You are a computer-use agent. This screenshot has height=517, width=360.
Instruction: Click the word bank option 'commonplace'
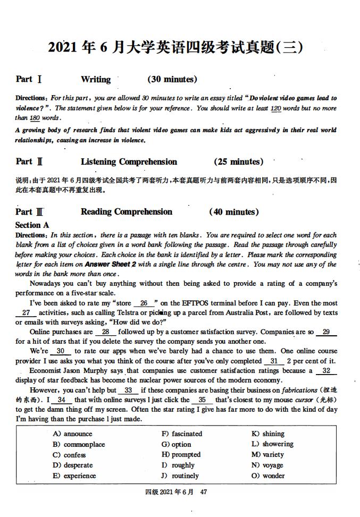84,444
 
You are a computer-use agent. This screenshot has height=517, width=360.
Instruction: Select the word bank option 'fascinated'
187,434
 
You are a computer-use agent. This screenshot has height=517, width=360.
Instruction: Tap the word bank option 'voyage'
273,465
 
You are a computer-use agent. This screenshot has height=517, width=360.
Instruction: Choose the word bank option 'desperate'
78,465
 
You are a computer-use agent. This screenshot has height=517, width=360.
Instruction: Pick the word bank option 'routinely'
185,476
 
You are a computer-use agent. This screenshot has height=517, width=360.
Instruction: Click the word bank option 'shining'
273,434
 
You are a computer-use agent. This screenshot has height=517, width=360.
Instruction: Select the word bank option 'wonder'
273,476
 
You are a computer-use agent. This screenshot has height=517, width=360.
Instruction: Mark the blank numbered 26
144,303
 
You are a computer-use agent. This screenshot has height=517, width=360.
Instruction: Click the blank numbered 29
326,332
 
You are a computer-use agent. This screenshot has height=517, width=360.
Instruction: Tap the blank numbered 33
128,390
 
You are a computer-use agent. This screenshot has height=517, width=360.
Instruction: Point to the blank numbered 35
202,400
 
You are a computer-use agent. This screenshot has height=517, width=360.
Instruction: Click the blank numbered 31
274,361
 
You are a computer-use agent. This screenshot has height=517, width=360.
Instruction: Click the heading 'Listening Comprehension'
129,162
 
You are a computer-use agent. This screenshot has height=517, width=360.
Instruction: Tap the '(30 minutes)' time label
172,79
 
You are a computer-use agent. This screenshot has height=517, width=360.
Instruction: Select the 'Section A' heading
32,225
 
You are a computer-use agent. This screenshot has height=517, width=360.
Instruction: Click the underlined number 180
35,118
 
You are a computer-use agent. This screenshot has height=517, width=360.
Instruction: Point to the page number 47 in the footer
203,491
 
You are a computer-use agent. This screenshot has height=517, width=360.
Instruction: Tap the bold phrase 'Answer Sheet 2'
111,264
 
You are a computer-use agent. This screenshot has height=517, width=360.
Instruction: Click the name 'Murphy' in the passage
95,371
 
